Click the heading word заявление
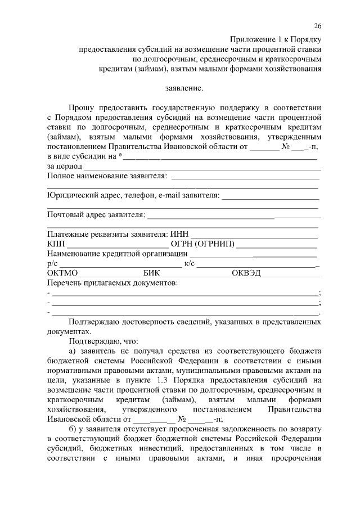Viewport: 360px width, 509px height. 183,89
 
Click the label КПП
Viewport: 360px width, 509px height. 56,244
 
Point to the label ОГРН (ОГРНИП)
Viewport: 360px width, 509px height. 206,244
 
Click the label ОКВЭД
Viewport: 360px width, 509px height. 247,273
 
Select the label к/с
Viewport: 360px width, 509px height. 190,263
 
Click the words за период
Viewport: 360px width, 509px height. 65,166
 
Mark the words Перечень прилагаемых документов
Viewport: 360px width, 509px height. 112,282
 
